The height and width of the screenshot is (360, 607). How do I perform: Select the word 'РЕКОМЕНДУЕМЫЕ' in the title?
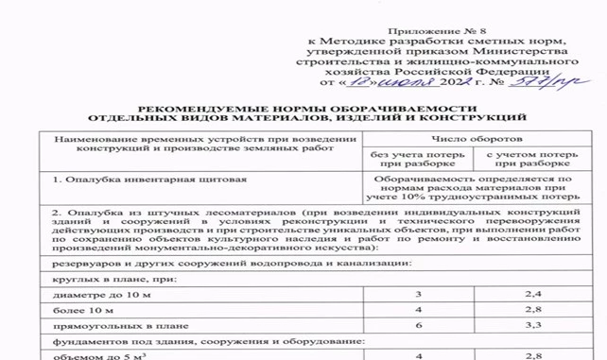(199, 110)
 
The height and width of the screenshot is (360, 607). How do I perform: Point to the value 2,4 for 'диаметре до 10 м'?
(534, 296)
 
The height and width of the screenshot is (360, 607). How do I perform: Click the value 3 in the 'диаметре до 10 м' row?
(417, 296)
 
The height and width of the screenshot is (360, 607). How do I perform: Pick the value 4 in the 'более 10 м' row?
(417, 310)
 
